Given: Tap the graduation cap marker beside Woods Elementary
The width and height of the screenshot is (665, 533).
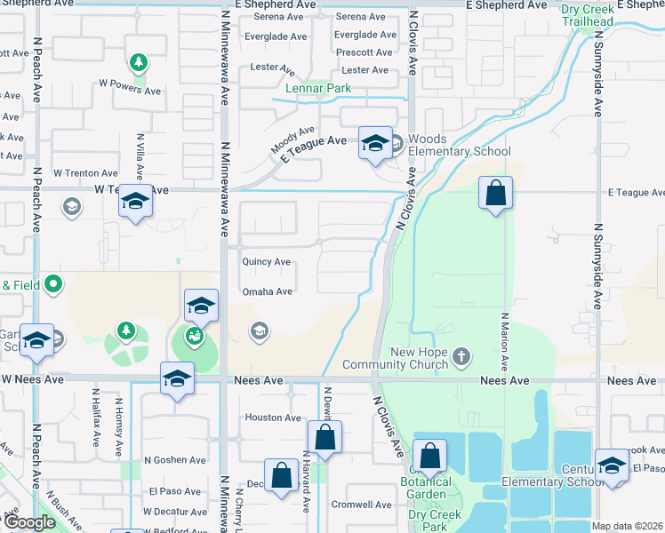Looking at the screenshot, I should click(x=375, y=143).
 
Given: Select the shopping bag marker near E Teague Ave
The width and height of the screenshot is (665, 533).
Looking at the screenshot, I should click(x=495, y=193).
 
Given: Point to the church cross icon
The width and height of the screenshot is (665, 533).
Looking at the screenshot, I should click(x=461, y=357).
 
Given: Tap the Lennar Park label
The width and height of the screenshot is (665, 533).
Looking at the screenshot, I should click(x=317, y=88).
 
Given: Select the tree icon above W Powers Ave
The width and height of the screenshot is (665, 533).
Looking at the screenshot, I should click(x=138, y=62).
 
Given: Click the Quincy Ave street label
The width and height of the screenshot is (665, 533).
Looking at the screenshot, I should click(x=267, y=262).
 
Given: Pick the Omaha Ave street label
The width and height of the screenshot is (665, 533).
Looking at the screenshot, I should click(x=267, y=291).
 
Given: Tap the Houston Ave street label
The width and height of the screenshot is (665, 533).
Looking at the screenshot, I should click(x=273, y=418).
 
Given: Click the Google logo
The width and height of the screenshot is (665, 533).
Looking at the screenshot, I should click(x=29, y=522).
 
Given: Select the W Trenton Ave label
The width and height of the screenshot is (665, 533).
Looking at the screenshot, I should click(x=85, y=173).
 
